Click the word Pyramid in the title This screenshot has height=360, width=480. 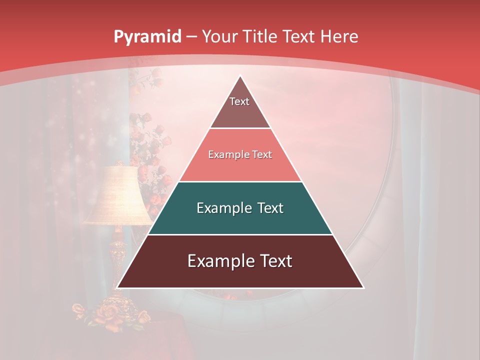147,36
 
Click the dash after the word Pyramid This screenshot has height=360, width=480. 191,37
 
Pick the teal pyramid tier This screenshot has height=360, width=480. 240,220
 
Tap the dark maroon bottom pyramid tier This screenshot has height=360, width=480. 240,275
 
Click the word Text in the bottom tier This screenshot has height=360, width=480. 273,261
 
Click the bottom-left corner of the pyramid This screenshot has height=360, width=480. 118,287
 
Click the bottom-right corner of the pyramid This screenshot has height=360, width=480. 362,287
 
